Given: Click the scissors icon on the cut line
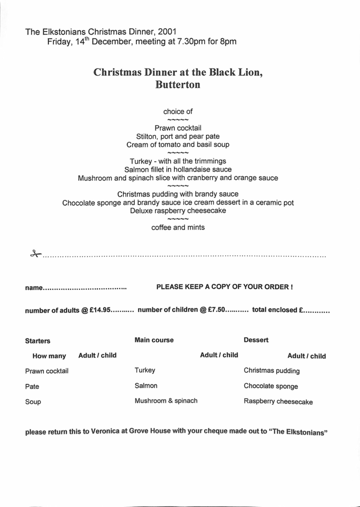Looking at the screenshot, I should [x=35, y=253].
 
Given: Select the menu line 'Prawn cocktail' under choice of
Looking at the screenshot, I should [x=178, y=128].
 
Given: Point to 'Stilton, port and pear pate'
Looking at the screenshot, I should [x=178, y=136].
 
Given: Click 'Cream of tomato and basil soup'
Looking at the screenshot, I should [x=178, y=144].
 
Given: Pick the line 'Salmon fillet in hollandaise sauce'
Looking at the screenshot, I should [x=178, y=169].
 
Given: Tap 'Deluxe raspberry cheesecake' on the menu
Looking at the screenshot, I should [x=178, y=211].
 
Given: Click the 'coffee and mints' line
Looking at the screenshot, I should [x=178, y=228].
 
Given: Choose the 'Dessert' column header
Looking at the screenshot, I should [x=257, y=340].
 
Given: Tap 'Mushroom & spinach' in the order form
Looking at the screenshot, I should [x=166, y=401].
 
